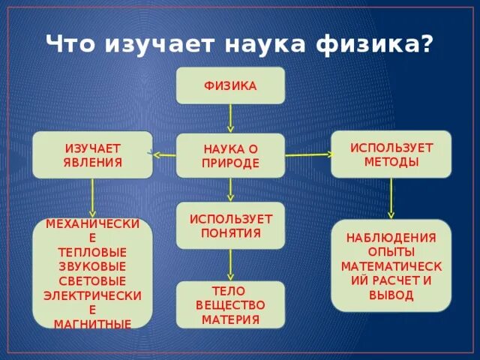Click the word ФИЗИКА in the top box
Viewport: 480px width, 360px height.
tap(230, 86)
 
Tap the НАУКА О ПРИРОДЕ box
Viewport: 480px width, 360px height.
tap(230, 156)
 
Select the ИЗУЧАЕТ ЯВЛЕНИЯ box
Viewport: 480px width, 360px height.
tap(93, 155)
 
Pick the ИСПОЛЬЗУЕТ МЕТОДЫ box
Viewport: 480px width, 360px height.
tap(391, 154)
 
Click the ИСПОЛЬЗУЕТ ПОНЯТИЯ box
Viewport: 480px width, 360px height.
tap(230, 225)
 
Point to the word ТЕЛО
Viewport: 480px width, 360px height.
tap(230, 291)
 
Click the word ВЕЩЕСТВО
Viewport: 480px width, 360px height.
tap(230, 305)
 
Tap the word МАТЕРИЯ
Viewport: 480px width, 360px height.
tap(230, 319)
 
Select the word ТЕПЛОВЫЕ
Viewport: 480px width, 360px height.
tap(92, 252)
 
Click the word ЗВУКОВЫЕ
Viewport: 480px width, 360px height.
tap(92, 266)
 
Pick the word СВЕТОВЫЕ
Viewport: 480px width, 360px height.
tap(92, 280)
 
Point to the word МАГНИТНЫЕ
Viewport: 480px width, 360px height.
tap(92, 324)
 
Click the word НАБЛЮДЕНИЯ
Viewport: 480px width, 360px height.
tap(391, 238)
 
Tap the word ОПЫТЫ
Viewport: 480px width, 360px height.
tap(391, 252)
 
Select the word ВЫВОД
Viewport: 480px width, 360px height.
tap(391, 295)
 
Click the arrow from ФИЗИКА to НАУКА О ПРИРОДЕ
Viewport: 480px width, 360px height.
tap(230, 118)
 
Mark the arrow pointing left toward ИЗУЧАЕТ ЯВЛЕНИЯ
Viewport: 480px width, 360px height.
tap(164, 155)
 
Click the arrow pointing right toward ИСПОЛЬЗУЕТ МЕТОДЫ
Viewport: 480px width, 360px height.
tap(307, 154)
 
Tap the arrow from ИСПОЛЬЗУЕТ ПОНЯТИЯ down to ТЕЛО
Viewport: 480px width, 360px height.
tap(230, 264)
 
